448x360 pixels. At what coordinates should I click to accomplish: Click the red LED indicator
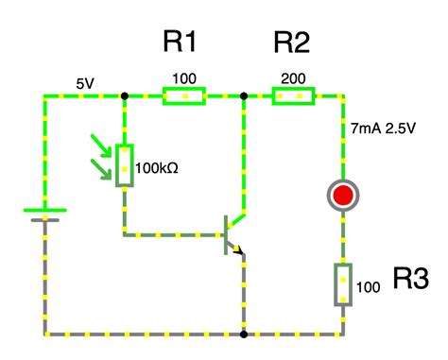pos(341,196)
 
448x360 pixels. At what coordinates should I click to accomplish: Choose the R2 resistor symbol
pos(294,95)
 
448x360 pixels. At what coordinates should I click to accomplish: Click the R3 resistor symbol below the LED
pos(341,284)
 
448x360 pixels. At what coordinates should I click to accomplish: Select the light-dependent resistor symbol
pos(124,165)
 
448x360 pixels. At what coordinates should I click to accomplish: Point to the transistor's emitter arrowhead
pos(240,250)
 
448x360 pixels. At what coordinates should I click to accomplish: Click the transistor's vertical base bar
pos(225,234)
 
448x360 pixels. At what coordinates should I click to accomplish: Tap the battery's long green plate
pos(45,210)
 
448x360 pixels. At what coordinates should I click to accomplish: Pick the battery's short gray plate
pos(45,220)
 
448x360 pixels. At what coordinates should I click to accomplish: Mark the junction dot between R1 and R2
pos(244,95)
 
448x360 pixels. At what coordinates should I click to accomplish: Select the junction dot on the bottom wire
pos(244,334)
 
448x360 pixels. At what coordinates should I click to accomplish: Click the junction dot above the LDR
pos(124,95)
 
